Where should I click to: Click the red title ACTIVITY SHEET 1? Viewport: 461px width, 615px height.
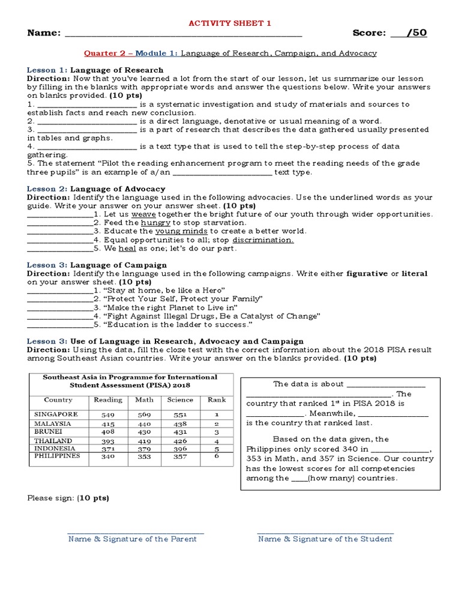tap(230, 23)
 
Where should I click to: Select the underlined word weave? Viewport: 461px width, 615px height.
tap(143, 214)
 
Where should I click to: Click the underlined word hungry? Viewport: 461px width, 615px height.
tap(155, 222)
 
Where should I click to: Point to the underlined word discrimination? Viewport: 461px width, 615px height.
tap(263, 240)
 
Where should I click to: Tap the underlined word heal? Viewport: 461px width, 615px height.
tap(127, 248)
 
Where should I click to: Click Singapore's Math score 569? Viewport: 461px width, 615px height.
tap(144, 415)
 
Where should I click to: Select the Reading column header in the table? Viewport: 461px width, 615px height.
tap(108, 399)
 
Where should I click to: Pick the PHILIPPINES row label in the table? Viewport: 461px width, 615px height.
tap(57, 456)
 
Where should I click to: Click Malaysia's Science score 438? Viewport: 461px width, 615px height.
tap(179, 423)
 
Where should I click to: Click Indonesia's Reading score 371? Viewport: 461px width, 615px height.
tap(108, 448)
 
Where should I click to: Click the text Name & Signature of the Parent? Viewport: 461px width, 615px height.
tap(132, 539)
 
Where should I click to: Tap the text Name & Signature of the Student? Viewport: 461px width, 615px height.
tap(325, 539)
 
